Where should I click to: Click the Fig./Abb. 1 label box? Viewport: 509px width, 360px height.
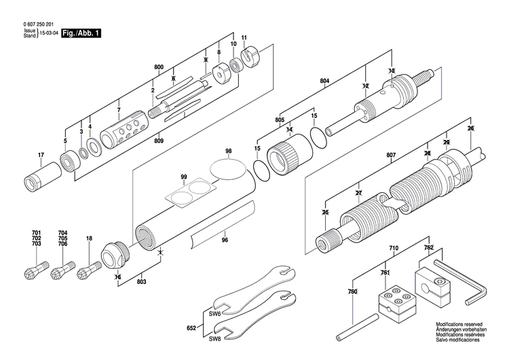(81, 33)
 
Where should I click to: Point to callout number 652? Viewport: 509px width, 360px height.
(191, 328)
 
